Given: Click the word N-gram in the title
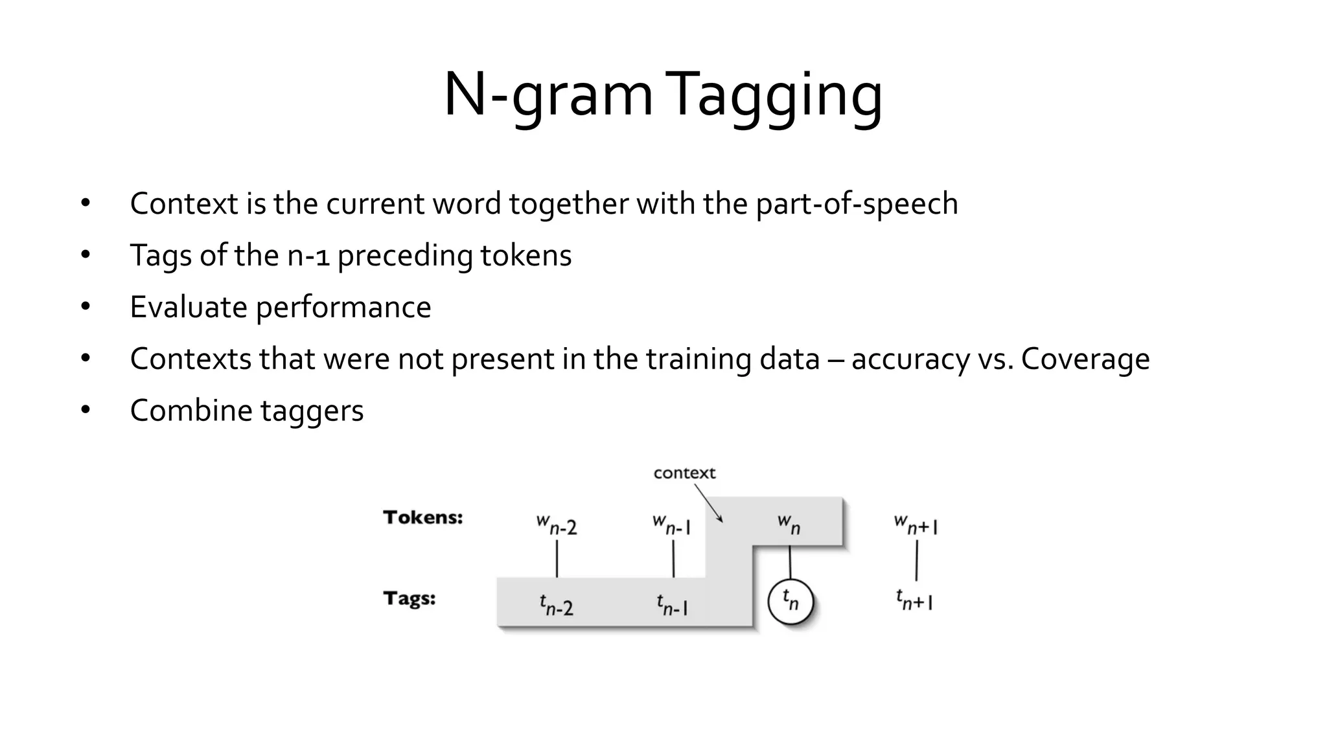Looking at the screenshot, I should click(x=548, y=96).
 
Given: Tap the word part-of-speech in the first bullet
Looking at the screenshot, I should click(x=857, y=204).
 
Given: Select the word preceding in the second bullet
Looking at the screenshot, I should click(x=406, y=256).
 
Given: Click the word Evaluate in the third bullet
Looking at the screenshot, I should click(x=189, y=307).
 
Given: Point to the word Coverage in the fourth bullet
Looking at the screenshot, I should click(x=1085, y=359).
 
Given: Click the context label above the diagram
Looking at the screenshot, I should click(x=684, y=473).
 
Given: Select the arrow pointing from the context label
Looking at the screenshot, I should click(x=708, y=503).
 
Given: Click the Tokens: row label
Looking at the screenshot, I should click(x=423, y=517).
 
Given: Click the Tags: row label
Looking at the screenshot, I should click(x=410, y=598).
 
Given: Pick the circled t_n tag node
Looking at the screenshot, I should click(x=790, y=602).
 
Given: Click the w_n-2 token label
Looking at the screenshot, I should click(x=557, y=525).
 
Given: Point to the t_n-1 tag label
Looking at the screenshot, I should click(x=672, y=605).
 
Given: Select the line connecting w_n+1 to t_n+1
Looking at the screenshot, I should click(x=916, y=561).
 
